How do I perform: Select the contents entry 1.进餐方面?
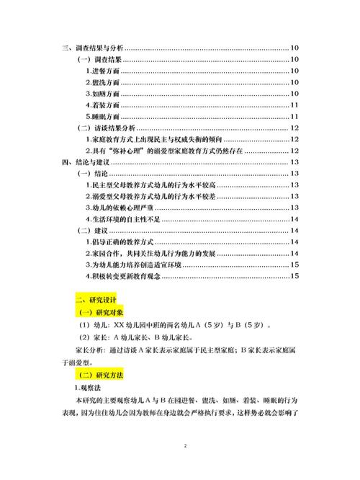pos(102,71)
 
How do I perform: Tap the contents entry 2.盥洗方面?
pos(102,82)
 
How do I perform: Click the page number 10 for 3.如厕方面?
pos(294,94)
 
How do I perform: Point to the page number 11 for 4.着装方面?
pos(294,105)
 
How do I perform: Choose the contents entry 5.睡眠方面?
pos(102,117)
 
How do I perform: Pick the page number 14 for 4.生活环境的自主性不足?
pos(294,219)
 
